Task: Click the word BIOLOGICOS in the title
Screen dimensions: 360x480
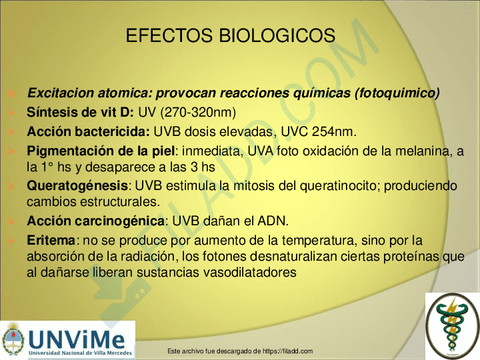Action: [283, 35]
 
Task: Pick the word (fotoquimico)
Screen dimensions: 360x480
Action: [394, 93]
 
